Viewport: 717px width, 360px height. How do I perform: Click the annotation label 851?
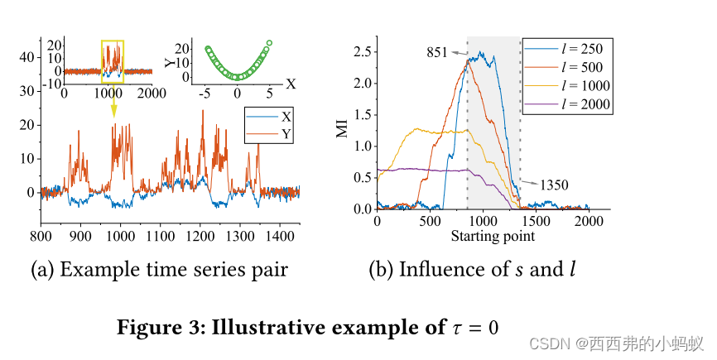click(x=437, y=51)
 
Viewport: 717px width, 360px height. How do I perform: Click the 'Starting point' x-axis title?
click(x=493, y=236)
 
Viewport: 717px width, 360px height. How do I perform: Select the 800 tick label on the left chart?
click(x=41, y=236)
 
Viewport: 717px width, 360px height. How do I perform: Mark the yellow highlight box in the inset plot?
click(x=113, y=63)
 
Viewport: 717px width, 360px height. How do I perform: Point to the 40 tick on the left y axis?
click(x=28, y=57)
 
